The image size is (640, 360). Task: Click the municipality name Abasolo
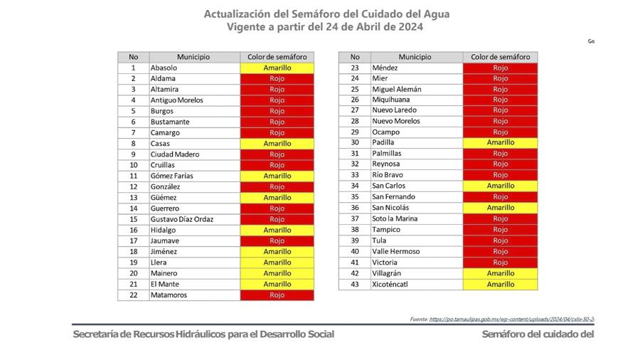click(x=164, y=68)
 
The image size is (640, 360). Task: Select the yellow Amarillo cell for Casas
click(x=277, y=143)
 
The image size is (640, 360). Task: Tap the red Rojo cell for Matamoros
click(x=277, y=295)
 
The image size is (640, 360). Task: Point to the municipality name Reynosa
click(x=387, y=164)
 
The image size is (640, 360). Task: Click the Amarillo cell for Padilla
click(x=500, y=142)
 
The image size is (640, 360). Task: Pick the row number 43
click(x=355, y=284)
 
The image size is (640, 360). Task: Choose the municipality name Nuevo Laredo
click(x=395, y=110)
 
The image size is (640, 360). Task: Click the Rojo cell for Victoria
click(x=500, y=263)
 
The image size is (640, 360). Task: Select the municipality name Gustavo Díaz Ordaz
click(x=181, y=219)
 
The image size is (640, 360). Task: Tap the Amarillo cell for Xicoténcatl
click(x=500, y=284)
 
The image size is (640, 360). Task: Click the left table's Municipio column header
click(x=193, y=57)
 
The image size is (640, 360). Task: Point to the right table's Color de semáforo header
click(x=500, y=57)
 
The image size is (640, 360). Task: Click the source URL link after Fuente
click(x=512, y=319)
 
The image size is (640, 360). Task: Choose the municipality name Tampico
click(x=386, y=230)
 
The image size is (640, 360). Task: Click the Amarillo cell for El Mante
click(x=277, y=284)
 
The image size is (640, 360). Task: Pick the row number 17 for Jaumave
click(x=133, y=240)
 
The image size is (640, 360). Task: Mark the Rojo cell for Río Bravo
click(x=500, y=175)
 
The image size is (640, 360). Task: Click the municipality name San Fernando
click(x=393, y=197)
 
